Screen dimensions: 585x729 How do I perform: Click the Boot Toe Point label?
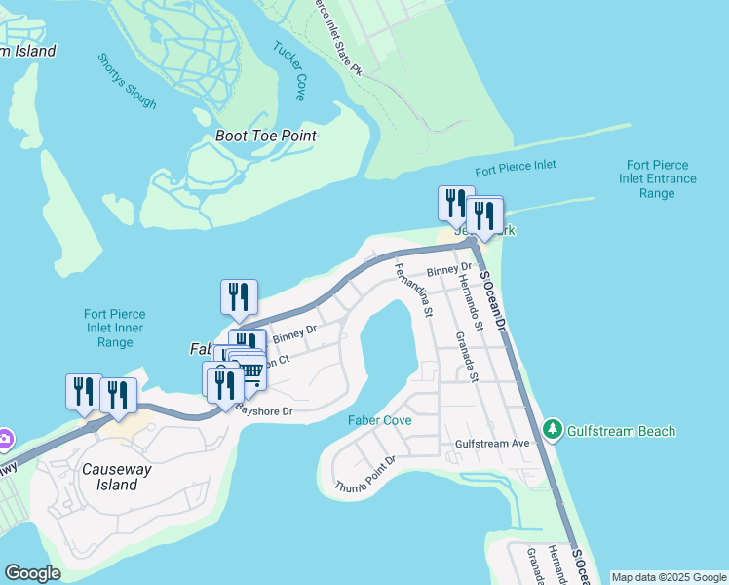click(x=266, y=136)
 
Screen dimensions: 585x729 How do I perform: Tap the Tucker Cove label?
click(x=289, y=71)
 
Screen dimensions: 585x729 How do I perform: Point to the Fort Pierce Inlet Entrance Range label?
click(x=658, y=179)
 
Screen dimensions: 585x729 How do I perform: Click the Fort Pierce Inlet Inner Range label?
click(x=114, y=328)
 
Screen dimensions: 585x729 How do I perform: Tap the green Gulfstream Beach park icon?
click(x=553, y=430)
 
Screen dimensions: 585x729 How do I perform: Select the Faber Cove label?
click(x=379, y=420)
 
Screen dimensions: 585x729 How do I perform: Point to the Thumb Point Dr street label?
click(x=365, y=473)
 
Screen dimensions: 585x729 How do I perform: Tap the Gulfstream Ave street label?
click(x=492, y=444)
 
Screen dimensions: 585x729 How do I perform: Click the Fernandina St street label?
click(x=412, y=290)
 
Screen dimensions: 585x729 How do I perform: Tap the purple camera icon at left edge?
click(x=4, y=439)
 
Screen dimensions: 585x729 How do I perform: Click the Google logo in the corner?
click(x=32, y=573)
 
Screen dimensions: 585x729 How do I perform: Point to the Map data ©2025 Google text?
click(x=668, y=577)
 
